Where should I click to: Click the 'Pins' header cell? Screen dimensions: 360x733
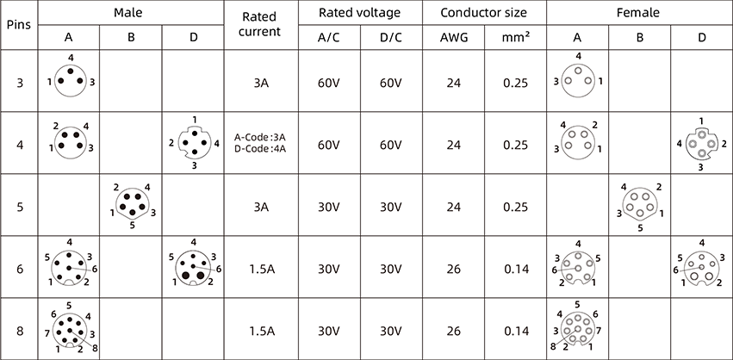click(x=19, y=24)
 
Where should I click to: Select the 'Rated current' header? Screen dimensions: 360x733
click(x=261, y=24)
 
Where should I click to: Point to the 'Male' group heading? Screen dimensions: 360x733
click(x=130, y=13)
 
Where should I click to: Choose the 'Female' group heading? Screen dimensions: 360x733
click(x=639, y=13)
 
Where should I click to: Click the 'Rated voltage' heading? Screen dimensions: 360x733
click(x=359, y=13)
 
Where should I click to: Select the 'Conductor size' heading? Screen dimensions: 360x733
click(x=484, y=13)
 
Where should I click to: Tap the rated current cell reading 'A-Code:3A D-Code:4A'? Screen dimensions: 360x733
click(x=261, y=144)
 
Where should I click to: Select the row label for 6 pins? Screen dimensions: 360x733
click(x=19, y=268)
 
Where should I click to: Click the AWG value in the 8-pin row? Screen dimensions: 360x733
click(x=453, y=329)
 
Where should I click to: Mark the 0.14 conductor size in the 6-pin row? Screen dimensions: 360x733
click(x=516, y=268)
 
